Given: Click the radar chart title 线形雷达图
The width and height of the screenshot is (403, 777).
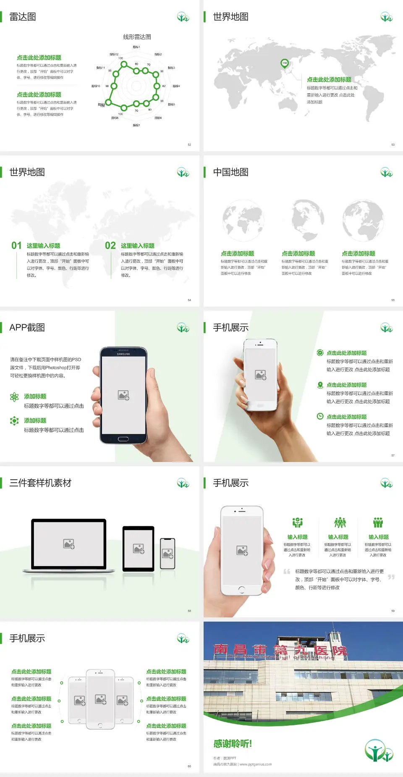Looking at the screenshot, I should pos(137,37).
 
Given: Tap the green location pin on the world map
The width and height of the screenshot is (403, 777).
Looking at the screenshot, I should pos(285,63).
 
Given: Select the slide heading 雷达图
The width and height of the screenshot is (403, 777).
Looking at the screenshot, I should pos(23,17).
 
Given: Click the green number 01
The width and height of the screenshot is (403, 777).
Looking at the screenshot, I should pos(16,246).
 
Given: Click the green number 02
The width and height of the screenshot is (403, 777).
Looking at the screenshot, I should pos(110,246).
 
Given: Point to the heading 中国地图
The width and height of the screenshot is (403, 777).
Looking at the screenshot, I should pos(230,172).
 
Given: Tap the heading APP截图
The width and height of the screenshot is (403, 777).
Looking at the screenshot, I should pos(27,328).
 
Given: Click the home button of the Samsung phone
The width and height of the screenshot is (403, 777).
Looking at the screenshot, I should pos(123,439).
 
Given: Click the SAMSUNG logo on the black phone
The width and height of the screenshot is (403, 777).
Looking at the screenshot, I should pos(123,354).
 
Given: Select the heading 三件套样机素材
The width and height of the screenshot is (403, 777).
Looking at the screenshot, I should pos(40,483).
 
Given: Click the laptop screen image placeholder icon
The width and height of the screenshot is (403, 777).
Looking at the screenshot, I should pos(69,544).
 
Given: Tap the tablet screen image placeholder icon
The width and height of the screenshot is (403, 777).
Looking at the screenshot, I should pos(139,549).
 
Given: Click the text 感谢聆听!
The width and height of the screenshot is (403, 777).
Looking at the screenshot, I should pos(233,744).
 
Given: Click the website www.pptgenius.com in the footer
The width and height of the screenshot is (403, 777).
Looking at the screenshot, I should pos(256,764).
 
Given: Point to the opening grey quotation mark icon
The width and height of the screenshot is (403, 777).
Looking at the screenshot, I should pos(287,571).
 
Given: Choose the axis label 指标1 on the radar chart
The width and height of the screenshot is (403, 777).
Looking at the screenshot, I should pos(136,47).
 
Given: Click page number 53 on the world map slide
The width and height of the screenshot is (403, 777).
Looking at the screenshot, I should pos(393,144).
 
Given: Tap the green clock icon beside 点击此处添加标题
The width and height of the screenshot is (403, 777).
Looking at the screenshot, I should pos(320,416).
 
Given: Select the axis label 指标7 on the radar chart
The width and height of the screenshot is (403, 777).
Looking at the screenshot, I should pos(136,125).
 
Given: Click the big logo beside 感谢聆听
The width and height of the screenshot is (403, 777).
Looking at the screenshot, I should pos(378,751).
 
